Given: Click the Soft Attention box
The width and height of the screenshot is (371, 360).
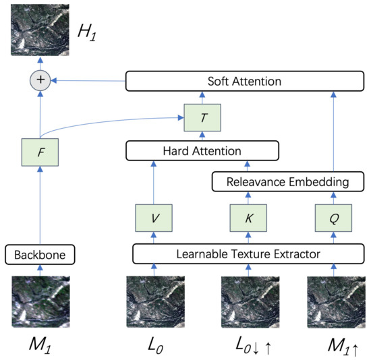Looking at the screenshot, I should coord(245,82).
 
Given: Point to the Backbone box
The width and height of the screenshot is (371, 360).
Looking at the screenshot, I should coord(39,255).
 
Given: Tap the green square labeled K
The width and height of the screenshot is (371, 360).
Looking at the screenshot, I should coord(247,218).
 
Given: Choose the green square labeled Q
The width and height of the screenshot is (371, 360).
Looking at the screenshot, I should coord(333,218).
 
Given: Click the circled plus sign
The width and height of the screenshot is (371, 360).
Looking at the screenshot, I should coord(39,81).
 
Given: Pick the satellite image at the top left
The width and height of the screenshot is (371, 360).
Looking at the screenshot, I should coord(39,31).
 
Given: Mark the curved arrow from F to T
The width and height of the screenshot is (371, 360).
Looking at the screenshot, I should coord(115,121).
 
